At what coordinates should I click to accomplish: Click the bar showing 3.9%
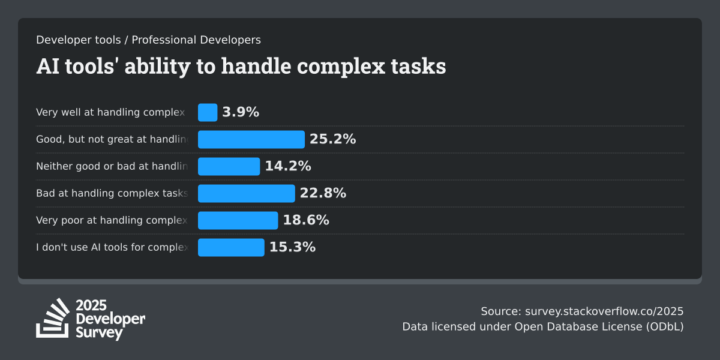[x=208, y=112]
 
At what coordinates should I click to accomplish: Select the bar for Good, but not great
[x=251, y=139]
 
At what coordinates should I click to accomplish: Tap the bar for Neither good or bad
[x=229, y=166]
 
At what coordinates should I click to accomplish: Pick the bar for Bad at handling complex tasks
[x=247, y=193]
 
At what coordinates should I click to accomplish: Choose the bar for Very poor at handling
[x=238, y=220]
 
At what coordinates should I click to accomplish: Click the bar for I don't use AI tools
[x=231, y=247]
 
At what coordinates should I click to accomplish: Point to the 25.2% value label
[x=333, y=139]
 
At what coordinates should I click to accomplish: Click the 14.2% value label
[x=288, y=166]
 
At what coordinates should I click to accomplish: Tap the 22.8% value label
[x=323, y=193]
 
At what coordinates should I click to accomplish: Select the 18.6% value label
[x=306, y=220]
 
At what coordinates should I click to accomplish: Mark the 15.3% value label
[x=292, y=247]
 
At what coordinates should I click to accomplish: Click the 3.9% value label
[x=241, y=112]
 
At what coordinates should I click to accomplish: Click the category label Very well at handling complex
[x=110, y=112]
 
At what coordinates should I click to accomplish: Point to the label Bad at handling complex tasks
[x=112, y=193]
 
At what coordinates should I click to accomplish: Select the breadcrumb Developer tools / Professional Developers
[x=148, y=40]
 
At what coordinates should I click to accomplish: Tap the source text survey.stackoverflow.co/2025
[x=604, y=311]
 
